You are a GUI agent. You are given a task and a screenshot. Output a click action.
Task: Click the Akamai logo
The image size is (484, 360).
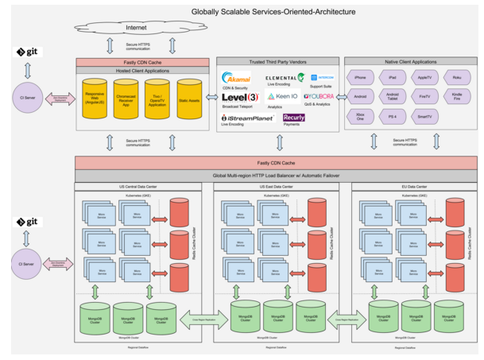pos(237,79)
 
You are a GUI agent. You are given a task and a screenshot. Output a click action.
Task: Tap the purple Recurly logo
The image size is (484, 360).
pos(294,118)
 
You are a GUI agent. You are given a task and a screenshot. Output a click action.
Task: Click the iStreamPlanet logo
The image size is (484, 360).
pos(248,118)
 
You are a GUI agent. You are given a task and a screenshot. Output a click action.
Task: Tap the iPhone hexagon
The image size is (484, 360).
pos(360,78)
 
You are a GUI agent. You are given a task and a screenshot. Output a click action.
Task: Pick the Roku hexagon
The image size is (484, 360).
pos(455,78)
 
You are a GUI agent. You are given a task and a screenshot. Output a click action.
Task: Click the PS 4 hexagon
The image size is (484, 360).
pos(392,116)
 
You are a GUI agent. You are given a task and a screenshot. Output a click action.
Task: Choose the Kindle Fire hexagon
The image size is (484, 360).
pos(455,97)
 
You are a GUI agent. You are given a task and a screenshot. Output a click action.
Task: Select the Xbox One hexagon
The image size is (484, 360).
pos(360,116)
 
